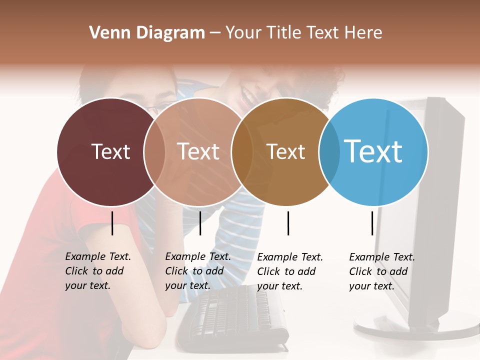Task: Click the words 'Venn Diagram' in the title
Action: coord(147,33)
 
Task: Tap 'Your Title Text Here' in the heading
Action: coord(303,33)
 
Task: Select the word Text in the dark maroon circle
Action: coord(110,151)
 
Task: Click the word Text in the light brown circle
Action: coord(198,151)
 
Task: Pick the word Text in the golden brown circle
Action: coord(285,152)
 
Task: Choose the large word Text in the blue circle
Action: coord(373,151)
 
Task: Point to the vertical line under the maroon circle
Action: coord(112,223)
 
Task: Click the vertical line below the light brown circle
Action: coord(200,223)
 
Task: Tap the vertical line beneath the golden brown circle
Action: coord(288,223)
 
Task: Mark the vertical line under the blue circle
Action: coord(372,223)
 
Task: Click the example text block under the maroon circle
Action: coord(98,271)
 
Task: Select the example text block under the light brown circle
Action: coord(198,271)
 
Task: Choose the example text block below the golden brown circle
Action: coord(290,271)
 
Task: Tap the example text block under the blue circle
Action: coord(382,271)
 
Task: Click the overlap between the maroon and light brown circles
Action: coord(154,151)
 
